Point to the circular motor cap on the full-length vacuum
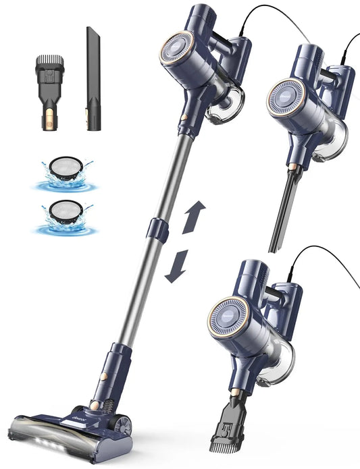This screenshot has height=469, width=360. [x=178, y=57]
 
